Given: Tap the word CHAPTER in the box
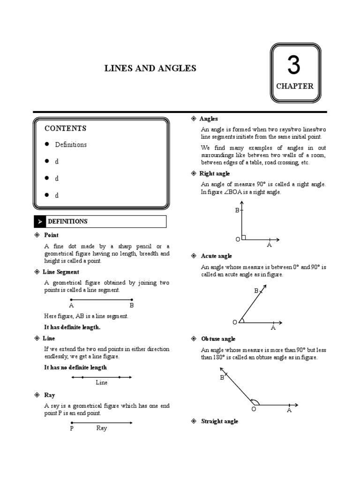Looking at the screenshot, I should (294, 86).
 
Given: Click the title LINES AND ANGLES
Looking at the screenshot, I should (150, 69).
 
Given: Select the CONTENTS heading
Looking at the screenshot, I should (65, 128).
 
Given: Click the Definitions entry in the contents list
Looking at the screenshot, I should (71, 145).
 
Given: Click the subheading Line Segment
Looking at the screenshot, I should (61, 272).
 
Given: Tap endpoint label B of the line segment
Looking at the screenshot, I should (132, 305).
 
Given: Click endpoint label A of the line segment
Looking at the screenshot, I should (71, 305).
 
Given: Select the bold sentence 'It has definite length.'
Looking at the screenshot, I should (72, 327).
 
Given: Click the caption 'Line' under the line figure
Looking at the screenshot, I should (102, 382).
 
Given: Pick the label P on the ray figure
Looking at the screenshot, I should (72, 428).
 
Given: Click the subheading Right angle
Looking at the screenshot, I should (215, 173).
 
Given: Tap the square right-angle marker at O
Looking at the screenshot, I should (244, 237).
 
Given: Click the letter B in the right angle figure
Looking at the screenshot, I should (237, 211).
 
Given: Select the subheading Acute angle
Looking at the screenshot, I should (216, 256).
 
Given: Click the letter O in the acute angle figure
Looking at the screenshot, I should (234, 322).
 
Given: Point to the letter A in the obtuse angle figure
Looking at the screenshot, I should (289, 410).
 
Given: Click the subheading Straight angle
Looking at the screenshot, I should (219, 421).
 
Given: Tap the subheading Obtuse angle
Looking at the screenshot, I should (218, 339).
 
